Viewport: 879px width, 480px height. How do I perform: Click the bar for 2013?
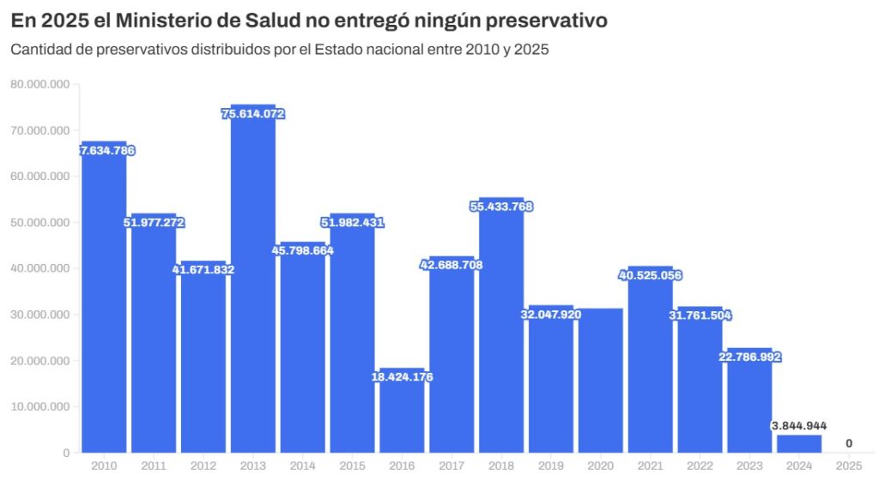(252, 283)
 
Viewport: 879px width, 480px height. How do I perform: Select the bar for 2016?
(402, 416)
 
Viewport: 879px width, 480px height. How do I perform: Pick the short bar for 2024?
(799, 443)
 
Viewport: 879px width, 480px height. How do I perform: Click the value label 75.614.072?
(252, 114)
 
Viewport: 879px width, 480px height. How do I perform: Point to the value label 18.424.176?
(402, 377)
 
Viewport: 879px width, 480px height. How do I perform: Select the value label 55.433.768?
(500, 207)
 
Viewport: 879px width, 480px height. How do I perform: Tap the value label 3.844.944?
(799, 426)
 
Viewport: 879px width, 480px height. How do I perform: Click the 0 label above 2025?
(849, 443)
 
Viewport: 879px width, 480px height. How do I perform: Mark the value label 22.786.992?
(749, 357)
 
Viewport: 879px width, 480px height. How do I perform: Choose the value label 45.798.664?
(302, 251)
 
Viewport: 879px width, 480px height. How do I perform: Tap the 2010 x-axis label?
(103, 465)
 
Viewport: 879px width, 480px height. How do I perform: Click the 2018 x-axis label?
(500, 465)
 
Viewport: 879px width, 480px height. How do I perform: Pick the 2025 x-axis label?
(849, 465)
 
